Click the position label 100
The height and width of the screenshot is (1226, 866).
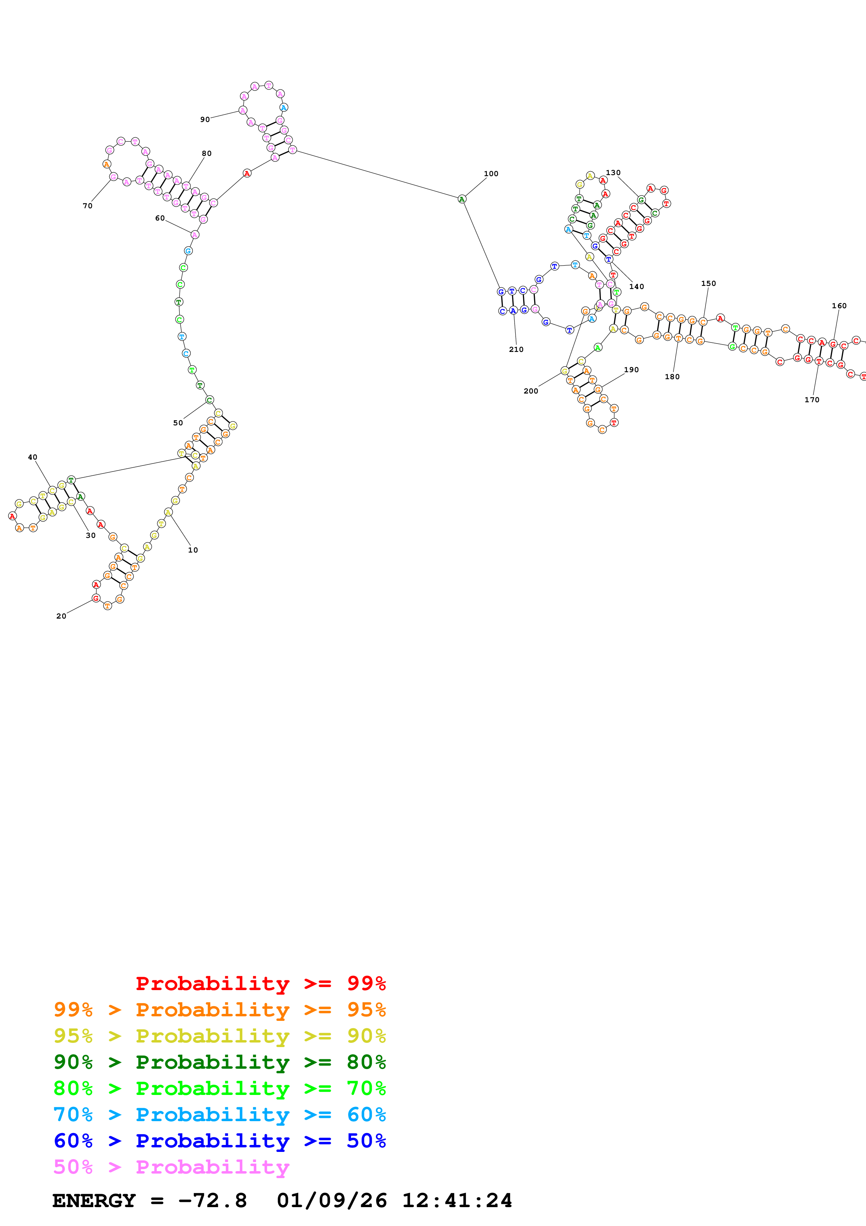[x=491, y=174]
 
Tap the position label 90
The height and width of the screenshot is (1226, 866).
[x=205, y=120]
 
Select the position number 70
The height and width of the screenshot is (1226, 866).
[x=87, y=205]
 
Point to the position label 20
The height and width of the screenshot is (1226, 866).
[x=61, y=616]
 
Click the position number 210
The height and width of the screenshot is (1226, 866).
[x=516, y=349]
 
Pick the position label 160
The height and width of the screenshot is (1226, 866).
[x=839, y=306]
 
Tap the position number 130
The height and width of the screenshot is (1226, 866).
[x=613, y=173]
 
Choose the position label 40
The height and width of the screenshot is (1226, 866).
[x=32, y=457]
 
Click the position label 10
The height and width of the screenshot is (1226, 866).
[x=192, y=550]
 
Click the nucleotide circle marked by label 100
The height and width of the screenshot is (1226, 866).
[x=462, y=199]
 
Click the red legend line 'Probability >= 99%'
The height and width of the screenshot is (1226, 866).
[x=260, y=983]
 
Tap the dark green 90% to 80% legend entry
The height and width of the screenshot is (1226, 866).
[x=219, y=1062]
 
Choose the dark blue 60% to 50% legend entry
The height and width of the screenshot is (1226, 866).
[x=219, y=1141]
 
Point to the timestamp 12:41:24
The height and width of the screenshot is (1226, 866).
[x=457, y=1201]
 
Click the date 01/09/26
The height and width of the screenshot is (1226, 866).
[x=332, y=1201]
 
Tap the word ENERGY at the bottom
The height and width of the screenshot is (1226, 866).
[x=94, y=1201]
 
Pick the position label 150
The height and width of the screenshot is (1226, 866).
[x=708, y=283]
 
